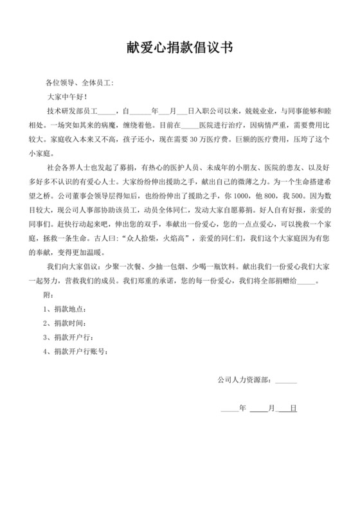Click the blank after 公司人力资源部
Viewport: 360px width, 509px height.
tap(286, 380)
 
